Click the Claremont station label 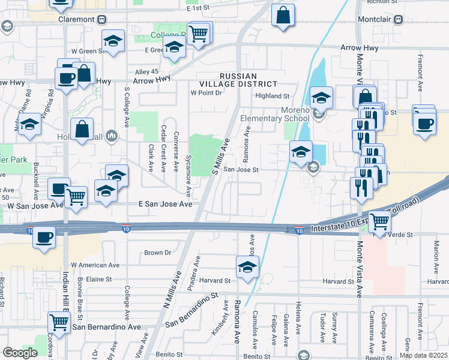click(76, 19)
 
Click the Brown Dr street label click(158, 253)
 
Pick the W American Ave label click(95, 265)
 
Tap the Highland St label click(272, 96)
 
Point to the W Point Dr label click(206, 93)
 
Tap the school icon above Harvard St click(247, 268)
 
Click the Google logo click(20, 353)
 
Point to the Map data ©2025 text click(423, 355)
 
